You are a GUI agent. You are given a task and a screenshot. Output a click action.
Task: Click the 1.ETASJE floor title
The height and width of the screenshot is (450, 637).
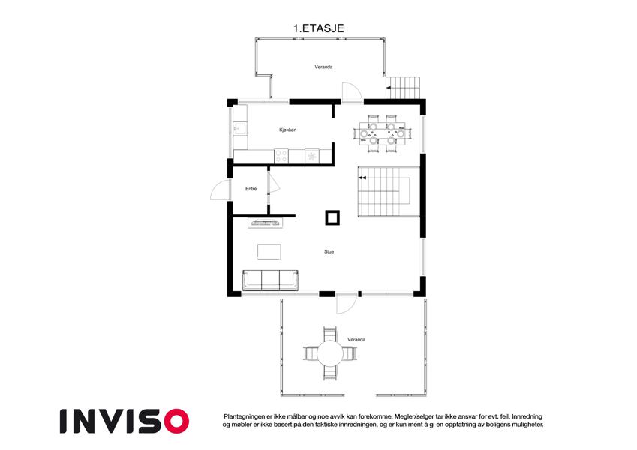coord(318,28)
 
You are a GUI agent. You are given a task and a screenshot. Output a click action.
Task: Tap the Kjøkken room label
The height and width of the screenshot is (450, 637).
coord(287,130)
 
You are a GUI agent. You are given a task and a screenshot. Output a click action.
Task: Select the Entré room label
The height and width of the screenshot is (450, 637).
coord(251,189)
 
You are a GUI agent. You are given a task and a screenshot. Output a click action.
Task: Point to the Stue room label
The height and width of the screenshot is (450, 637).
coord(329,252)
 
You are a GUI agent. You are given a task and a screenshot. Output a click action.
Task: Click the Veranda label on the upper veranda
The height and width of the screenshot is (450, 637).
coord(324,67)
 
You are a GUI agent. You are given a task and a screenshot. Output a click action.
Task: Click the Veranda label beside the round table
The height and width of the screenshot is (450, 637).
coord(356,340)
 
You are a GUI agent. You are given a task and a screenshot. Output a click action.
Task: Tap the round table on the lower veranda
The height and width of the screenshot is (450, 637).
coord(330,353)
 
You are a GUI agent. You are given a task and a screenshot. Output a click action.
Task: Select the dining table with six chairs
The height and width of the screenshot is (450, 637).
coord(383,133)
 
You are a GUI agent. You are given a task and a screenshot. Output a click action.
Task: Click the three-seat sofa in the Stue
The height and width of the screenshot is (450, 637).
coord(270,280)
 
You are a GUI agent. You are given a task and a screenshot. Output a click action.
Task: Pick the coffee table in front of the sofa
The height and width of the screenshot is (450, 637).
coord(269,251)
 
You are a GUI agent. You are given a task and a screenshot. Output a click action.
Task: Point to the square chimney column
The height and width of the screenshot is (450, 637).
coord(332,217)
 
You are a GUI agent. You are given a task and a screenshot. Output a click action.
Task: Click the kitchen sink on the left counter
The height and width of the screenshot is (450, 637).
coord(239,129)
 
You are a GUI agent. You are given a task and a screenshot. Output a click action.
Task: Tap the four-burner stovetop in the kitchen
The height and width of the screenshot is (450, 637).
coord(281,156)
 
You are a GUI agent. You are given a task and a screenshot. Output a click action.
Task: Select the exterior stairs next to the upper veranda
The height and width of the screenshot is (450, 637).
coord(403,87)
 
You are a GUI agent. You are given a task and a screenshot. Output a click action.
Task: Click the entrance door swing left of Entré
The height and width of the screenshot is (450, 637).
coord(221,190)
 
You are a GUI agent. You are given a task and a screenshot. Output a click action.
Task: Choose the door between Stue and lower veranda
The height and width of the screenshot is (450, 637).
coord(346,303)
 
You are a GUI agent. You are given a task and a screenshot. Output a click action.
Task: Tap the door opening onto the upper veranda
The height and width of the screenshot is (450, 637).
coord(352,91)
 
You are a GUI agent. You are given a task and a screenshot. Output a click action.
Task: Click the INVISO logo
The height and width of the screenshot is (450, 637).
coord(125,421)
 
